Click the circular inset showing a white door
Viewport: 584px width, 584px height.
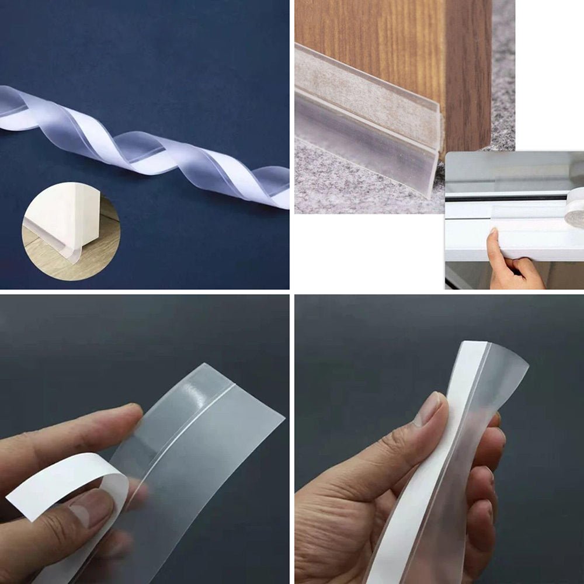(71, 231)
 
